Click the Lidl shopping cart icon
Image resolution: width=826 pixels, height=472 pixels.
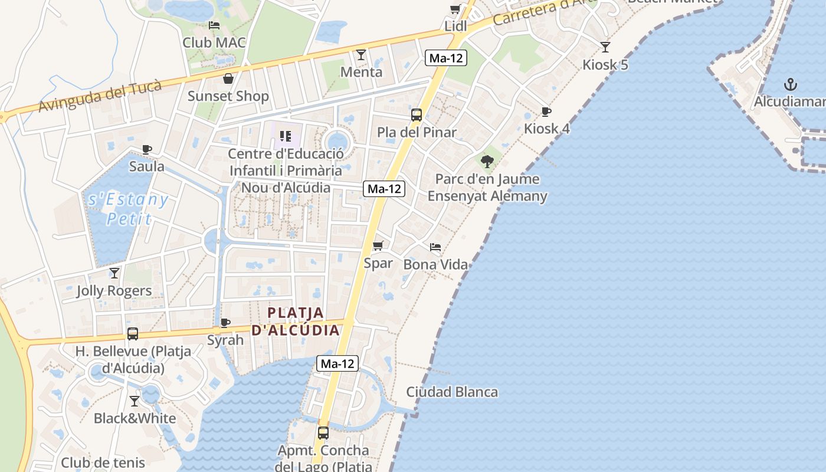click(x=455, y=9)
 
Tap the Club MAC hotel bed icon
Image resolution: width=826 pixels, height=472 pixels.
click(x=214, y=25)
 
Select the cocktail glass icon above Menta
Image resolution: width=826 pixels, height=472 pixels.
click(x=361, y=55)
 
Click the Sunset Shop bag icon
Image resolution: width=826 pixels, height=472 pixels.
click(x=228, y=79)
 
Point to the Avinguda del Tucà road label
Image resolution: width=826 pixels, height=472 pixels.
click(x=100, y=96)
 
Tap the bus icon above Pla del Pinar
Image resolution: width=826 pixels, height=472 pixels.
click(x=417, y=115)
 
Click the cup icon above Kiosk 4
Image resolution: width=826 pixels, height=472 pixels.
click(x=546, y=112)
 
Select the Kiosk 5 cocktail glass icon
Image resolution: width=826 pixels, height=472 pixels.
click(x=605, y=47)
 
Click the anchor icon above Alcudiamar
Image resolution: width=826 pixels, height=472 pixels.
click(x=790, y=84)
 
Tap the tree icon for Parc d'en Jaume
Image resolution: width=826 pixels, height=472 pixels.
click(x=487, y=161)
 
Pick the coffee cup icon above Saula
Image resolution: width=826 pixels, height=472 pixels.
click(x=147, y=149)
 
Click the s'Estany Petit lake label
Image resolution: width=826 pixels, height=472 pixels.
click(x=128, y=209)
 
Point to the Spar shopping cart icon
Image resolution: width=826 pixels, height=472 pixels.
click(x=378, y=245)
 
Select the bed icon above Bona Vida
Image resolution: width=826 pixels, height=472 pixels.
click(x=435, y=247)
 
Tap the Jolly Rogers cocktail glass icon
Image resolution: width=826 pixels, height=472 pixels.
click(x=114, y=273)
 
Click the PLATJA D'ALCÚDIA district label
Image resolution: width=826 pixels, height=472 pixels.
click(x=296, y=322)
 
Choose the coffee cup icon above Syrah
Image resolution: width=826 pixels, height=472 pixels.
click(x=225, y=323)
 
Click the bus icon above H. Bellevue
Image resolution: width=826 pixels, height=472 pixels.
click(x=133, y=334)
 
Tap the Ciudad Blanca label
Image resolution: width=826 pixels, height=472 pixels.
click(x=452, y=392)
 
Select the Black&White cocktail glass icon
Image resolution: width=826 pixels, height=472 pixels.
click(x=135, y=401)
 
